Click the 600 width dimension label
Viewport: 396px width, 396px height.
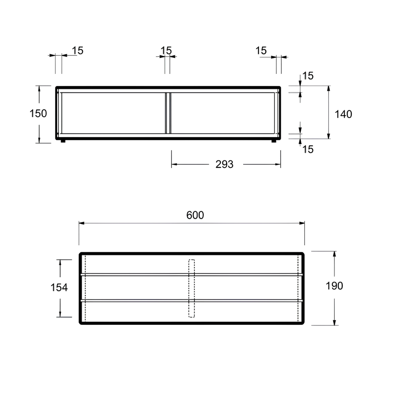pos(195,215)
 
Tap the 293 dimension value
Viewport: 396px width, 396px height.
pos(224,164)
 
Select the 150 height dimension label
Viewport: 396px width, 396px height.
pos(38,113)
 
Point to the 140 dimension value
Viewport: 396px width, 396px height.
pos(343,114)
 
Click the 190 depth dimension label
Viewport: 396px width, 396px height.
pos(334,286)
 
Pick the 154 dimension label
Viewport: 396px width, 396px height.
pos(59,287)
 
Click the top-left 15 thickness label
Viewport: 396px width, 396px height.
pos(78,51)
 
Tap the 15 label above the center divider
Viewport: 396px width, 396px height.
pos(166,51)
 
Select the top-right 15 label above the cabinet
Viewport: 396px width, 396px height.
pos(261,51)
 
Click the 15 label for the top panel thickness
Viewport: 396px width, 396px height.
pos(308,76)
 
